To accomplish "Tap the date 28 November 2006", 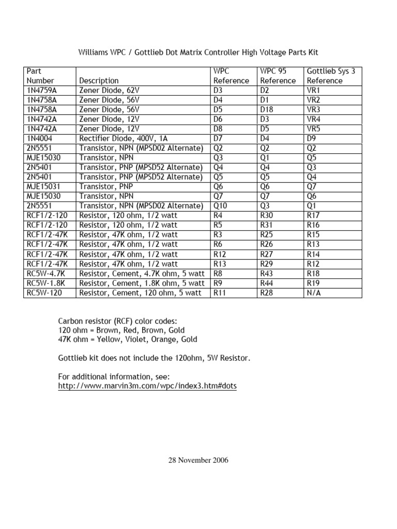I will [198, 460].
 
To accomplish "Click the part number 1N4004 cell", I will [40, 138].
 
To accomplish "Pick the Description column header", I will [98, 81].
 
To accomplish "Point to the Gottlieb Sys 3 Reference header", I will [331, 75].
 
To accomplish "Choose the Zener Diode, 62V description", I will [109, 90].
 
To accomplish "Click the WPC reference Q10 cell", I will [220, 206].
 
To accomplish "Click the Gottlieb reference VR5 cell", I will [314, 129].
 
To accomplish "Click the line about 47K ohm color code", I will [127, 339].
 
